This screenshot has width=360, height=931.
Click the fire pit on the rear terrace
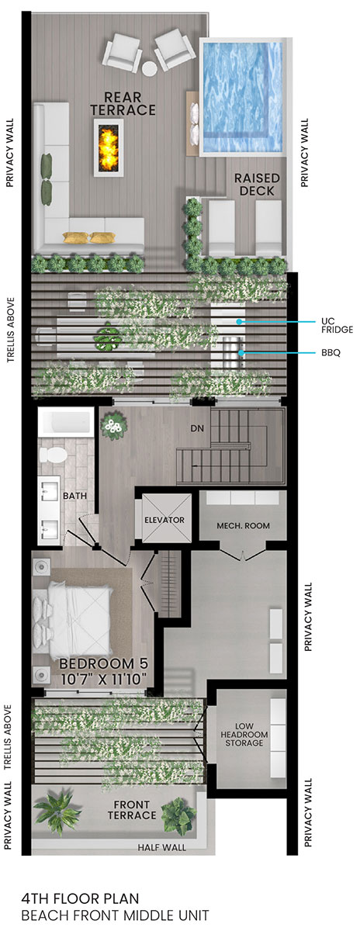(109, 147)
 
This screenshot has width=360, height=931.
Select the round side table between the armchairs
(150, 68)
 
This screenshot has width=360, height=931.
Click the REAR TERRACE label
(123, 103)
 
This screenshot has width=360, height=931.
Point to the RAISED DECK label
(257, 185)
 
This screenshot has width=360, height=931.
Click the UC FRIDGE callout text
(337, 325)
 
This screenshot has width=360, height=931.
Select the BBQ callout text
(331, 353)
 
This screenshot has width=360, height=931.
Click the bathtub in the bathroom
(66, 422)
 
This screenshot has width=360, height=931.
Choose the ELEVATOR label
(164, 520)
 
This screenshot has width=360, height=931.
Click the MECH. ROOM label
(243, 526)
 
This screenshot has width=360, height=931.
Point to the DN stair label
(197, 428)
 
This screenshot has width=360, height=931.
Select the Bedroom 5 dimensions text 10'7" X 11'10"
(103, 679)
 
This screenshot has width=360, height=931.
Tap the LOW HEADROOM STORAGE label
(244, 735)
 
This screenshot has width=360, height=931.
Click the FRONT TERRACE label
(132, 810)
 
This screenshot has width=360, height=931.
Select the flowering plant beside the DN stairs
(113, 426)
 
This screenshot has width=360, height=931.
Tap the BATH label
(74, 496)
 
